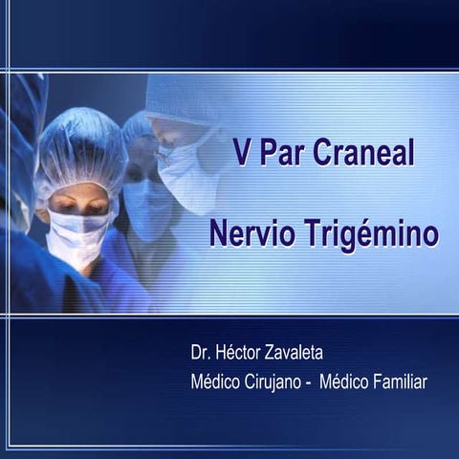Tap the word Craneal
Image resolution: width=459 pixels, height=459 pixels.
(x=364, y=153)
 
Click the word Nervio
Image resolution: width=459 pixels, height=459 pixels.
(x=251, y=232)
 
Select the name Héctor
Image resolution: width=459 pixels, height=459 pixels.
(x=243, y=354)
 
